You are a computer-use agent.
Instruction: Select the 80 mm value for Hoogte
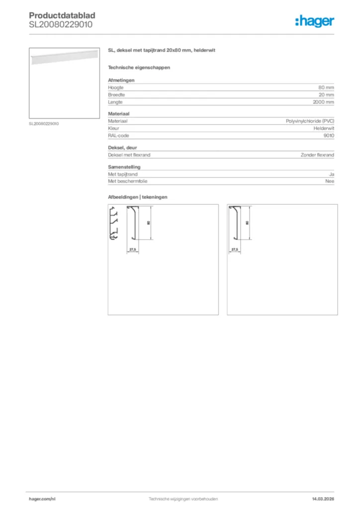coord(326,87)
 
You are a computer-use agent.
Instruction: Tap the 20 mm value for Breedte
coord(326,94)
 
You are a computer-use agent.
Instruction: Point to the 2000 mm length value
coord(324,102)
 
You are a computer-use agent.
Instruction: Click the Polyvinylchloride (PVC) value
coord(310,121)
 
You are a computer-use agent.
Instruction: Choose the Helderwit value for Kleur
coord(324,128)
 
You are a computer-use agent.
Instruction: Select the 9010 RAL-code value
coord(329,135)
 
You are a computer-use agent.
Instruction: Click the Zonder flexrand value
coord(317,155)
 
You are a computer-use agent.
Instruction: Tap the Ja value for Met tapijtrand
coord(332,174)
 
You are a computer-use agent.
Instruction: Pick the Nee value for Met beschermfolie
coord(330,181)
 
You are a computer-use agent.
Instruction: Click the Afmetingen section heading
coord(121,80)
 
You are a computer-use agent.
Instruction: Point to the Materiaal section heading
coord(119,114)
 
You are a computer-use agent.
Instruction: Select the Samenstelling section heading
coord(124,168)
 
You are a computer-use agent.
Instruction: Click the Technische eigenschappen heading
coord(132,67)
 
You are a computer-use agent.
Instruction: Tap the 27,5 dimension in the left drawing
coord(132,249)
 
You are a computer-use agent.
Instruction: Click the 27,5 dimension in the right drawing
coord(235,249)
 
